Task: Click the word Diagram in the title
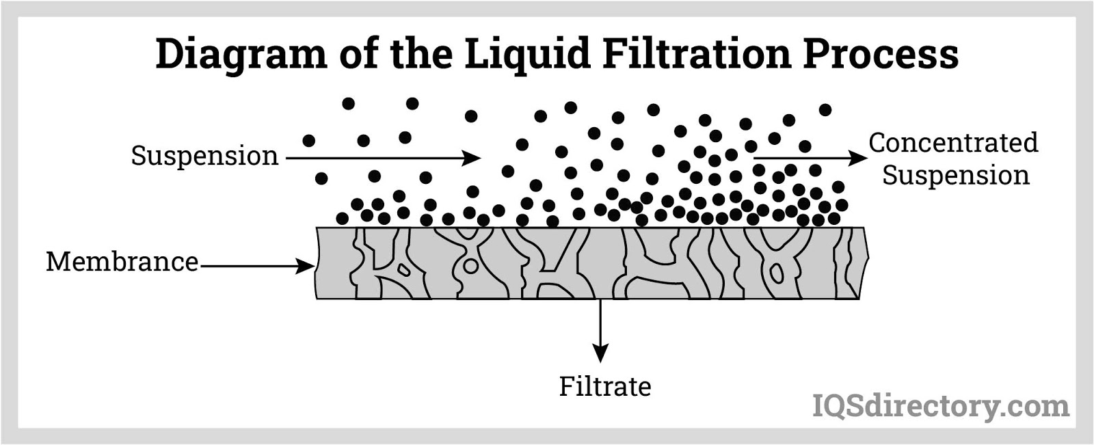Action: pyautogui.click(x=241, y=55)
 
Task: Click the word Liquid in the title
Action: pyautogui.click(x=527, y=54)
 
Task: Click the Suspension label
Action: pyautogui.click(x=204, y=157)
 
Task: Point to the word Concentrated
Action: pyautogui.click(x=953, y=143)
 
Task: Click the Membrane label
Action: pyautogui.click(x=122, y=262)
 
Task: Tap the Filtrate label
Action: pyautogui.click(x=605, y=387)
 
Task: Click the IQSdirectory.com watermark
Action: pyautogui.click(x=941, y=407)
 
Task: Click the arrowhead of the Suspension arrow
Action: pyautogui.click(x=472, y=159)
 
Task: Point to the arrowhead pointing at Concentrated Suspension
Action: pyautogui.click(x=858, y=159)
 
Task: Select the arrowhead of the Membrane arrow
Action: pyautogui.click(x=305, y=266)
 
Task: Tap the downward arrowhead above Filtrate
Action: pyautogui.click(x=600, y=353)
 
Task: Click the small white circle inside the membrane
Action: pyautogui.click(x=470, y=266)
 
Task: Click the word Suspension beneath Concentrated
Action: pyautogui.click(x=956, y=176)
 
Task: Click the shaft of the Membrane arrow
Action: pyautogui.click(x=248, y=266)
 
